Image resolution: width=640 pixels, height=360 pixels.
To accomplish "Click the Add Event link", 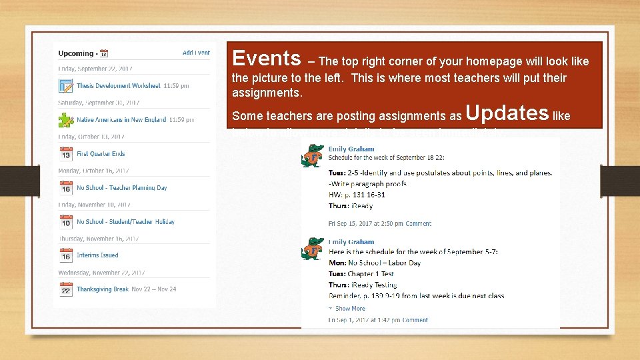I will pos(196,53).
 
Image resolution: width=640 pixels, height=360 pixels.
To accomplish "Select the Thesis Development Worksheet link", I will pos(118,86).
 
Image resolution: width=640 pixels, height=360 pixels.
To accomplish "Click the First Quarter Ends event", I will pos(101,154).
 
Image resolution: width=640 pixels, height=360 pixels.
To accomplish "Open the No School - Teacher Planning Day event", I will pos(122,188).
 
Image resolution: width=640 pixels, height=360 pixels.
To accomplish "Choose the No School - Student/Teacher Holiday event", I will pos(125,222).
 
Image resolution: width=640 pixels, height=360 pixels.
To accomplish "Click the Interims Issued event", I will pos(97,255).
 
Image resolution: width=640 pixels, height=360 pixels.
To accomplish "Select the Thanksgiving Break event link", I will pos(102,289).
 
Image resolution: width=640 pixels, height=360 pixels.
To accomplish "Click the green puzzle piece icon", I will pos(65,120).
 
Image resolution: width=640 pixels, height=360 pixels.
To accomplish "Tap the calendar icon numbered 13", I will pos(65,154).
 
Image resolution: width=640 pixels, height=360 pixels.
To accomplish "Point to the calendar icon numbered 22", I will pos(65,289).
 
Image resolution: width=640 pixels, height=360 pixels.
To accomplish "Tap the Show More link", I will pos(350,309).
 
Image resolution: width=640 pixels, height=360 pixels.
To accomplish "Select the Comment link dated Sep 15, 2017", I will pos(418,224).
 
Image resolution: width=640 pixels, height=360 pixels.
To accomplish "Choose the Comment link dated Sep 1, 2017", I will pos(415,320).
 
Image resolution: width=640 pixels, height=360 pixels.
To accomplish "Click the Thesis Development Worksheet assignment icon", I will pos(65,86).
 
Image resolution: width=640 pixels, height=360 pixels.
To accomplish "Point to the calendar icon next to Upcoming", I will pos(104,53).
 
